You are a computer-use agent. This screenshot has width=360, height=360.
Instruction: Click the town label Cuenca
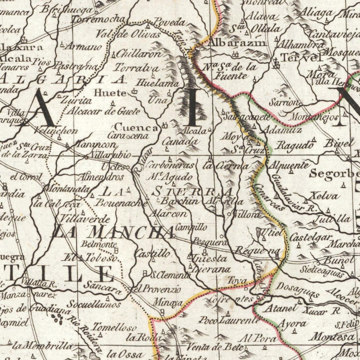pyautogui.click(x=136, y=128)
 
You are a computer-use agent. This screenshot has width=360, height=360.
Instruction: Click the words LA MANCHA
pyautogui.click(x=112, y=232)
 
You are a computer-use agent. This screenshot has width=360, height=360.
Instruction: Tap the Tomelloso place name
pyautogui.click(x=114, y=327)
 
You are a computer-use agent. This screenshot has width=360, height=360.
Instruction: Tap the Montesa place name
pyautogui.click(x=332, y=337)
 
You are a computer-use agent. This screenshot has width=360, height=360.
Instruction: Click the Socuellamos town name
pyautogui.click(x=94, y=304)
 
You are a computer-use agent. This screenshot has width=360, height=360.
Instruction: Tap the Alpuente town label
pyautogui.click(x=289, y=165)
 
